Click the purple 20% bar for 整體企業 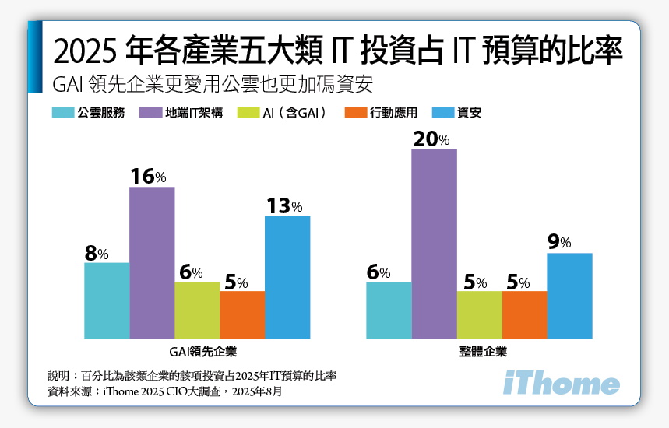(434, 244)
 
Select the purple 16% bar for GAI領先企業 (152, 262)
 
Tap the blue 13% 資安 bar (287, 276)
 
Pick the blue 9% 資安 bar (569, 295)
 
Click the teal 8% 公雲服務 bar (107, 300)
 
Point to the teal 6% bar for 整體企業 (389, 310)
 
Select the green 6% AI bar (197, 310)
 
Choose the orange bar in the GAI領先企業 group (242, 314)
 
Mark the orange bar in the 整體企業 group (524, 314)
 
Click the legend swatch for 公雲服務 (63, 113)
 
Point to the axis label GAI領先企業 (197, 351)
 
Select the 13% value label (284, 205)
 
